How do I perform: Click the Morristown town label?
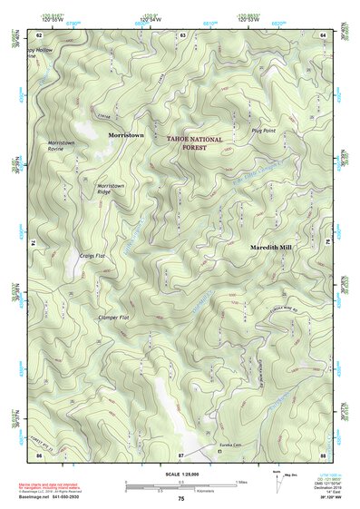tap(126, 134)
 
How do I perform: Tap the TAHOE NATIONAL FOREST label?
tap(192, 142)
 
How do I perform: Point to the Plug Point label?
tap(263, 132)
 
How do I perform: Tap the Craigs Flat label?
tap(93, 256)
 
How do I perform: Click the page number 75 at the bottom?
tap(181, 499)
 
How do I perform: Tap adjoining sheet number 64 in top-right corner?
tap(323, 34)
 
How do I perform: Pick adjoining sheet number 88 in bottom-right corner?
tap(323, 454)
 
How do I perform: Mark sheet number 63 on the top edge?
tap(182, 34)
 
